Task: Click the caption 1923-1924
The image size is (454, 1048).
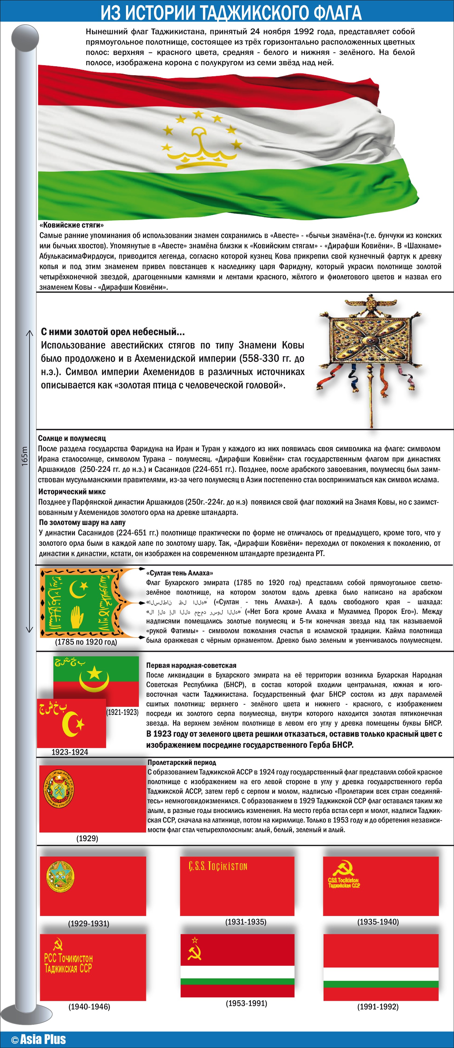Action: pyautogui.click(x=69, y=752)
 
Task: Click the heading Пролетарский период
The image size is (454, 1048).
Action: pyautogui.click(x=182, y=762)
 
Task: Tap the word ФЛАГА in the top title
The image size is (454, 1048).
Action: pyautogui.click(x=337, y=13)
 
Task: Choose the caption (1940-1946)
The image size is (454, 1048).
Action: pyautogui.click(x=89, y=1007)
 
